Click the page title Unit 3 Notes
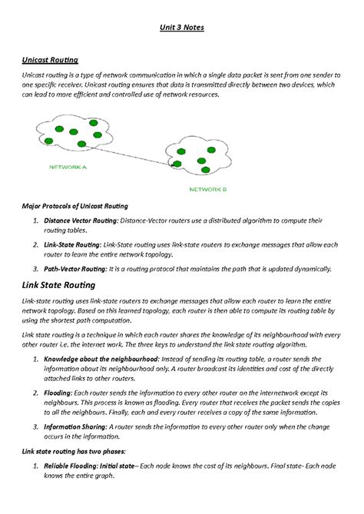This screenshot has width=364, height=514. [182, 28]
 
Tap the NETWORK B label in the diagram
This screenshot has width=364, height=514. [208, 188]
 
